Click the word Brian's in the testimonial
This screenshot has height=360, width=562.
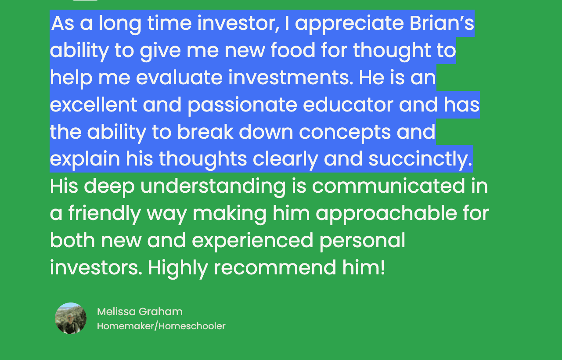tap(442, 23)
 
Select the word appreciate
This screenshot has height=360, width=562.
tap(349, 24)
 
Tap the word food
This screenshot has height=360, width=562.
tap(293, 50)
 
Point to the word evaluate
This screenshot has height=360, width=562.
tap(179, 77)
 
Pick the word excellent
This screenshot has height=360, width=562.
tap(94, 104)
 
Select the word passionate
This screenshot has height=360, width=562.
tap(242, 106)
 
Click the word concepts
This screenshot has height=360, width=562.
tap(345, 133)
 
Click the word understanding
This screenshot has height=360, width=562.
tap(213, 187)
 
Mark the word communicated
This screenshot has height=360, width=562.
tap(389, 186)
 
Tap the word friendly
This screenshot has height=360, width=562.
tap(104, 214)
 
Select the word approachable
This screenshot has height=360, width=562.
tap(386, 214)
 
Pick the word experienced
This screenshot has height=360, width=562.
tap(252, 241)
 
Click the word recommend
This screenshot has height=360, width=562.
tap(275, 267)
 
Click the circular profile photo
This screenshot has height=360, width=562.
tap(71, 318)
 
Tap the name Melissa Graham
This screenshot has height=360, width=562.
tap(140, 312)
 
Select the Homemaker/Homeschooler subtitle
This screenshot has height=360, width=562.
tap(161, 326)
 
